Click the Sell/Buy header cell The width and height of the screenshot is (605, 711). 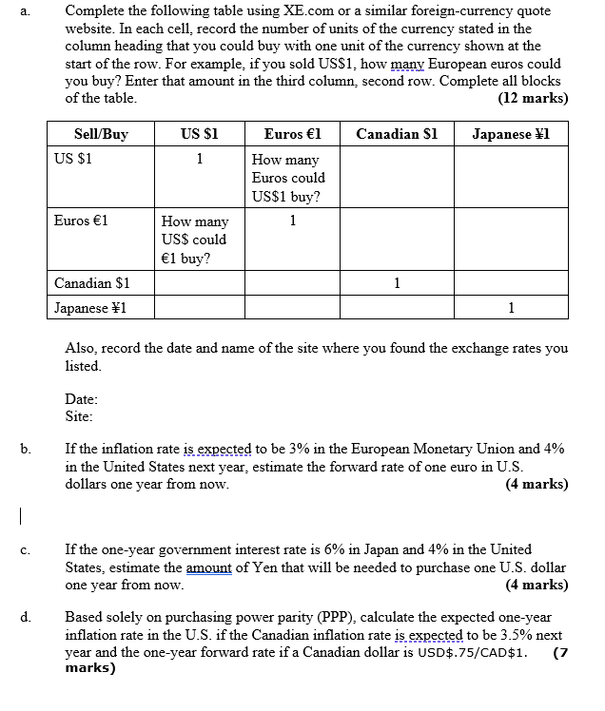101,134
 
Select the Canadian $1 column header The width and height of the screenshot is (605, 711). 397,134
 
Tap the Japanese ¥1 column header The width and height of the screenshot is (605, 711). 511,134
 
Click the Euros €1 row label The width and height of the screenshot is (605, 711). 82,220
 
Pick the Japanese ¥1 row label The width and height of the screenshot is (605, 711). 90,308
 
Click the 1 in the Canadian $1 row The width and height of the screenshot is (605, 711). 397,283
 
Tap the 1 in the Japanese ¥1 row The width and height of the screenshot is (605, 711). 511,308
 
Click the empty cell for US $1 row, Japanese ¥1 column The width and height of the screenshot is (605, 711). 511,178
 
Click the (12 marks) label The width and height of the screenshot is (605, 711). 533,98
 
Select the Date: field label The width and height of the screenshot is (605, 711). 82,399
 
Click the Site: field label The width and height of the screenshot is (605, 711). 79,415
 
